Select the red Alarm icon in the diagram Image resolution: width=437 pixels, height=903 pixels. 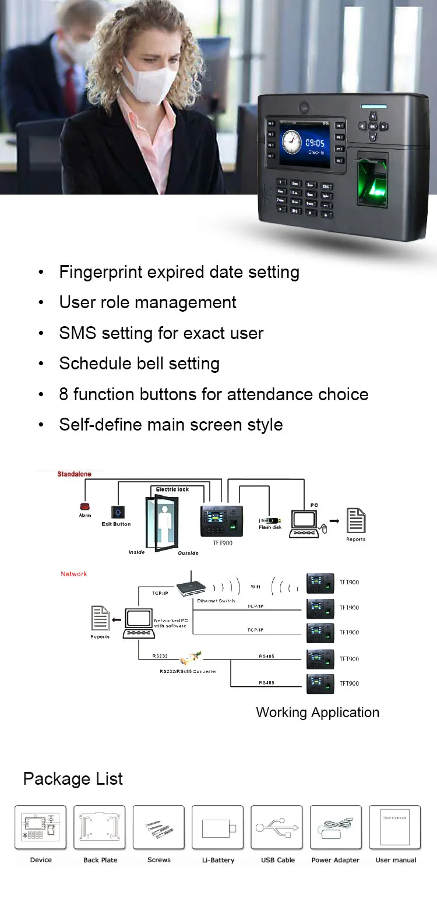point(85,506)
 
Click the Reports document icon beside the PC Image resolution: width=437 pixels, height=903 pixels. point(356,520)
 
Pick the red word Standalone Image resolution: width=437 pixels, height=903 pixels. point(74,474)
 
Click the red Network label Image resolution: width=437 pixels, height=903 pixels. point(74,574)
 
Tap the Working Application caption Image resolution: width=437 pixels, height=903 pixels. point(318,712)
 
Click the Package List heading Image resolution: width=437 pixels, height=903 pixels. point(73,779)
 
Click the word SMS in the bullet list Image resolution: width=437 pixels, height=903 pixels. point(76,333)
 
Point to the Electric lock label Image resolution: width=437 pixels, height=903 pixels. point(172,489)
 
